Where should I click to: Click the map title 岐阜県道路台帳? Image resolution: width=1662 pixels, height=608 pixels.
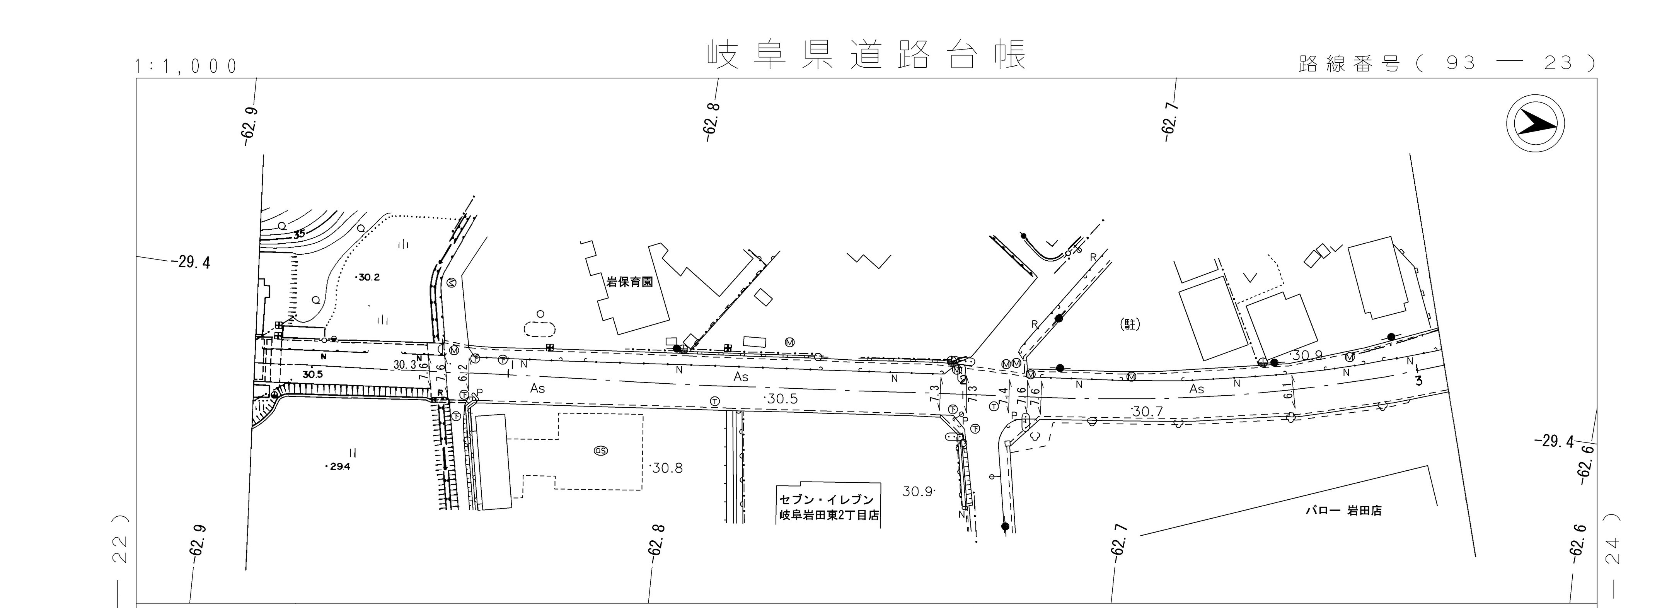point(866,56)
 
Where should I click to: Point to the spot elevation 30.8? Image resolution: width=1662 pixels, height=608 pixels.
point(667,468)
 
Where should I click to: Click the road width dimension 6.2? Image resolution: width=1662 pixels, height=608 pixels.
point(462,372)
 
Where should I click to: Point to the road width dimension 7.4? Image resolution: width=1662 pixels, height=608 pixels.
point(1003,398)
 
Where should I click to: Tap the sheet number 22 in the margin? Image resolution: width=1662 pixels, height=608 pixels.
point(120,548)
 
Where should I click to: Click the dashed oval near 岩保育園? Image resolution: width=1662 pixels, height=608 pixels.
point(540,329)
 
